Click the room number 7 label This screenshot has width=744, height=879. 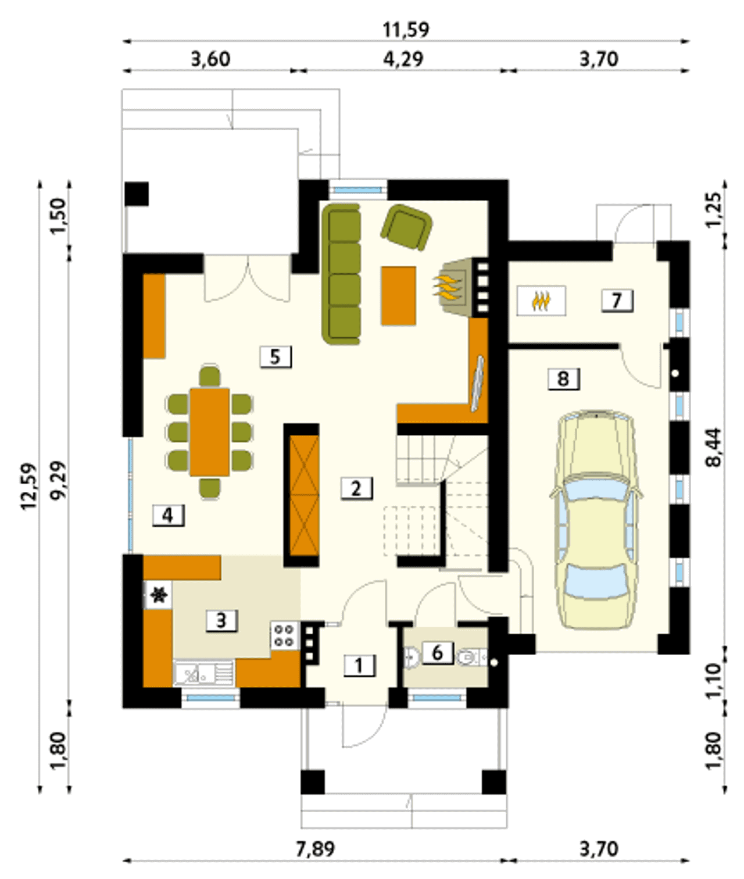point(617,301)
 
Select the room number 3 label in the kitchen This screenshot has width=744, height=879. point(222,620)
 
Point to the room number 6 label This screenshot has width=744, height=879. point(438,652)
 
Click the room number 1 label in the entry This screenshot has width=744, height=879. point(360,666)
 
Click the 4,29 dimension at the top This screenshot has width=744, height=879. point(403,59)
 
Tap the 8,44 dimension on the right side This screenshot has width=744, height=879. point(714,448)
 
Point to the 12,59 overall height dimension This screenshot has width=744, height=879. point(30,486)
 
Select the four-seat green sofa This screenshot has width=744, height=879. point(342,274)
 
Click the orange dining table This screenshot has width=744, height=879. point(210,431)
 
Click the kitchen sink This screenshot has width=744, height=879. point(203,673)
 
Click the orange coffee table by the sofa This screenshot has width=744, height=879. point(398,296)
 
